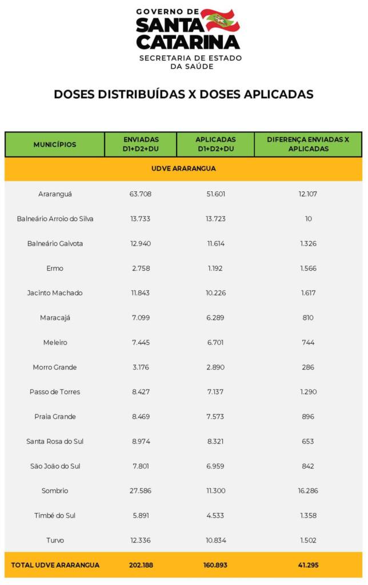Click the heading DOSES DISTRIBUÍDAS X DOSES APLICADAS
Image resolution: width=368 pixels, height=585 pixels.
coord(183,94)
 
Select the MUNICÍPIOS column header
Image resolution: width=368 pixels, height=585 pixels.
coord(55,145)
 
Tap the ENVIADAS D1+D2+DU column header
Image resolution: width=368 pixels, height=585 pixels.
coord(141,144)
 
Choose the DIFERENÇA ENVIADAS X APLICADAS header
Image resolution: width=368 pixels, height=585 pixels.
coord(308,144)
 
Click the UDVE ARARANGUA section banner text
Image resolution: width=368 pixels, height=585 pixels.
coord(183,169)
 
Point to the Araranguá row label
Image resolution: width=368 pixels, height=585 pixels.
coord(55,194)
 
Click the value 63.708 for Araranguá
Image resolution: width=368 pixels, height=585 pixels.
coord(141,194)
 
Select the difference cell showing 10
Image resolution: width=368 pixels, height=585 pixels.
coord(308,219)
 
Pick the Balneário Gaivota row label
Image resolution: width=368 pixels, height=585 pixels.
coord(55,243)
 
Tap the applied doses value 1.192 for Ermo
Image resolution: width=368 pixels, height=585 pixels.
coord(215,269)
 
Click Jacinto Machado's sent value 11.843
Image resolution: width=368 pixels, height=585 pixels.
coord(141,293)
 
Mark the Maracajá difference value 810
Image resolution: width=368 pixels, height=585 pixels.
coord(308,318)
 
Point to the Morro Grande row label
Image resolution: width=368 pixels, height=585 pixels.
coord(55,367)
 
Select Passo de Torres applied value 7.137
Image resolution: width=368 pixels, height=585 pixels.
coord(215,392)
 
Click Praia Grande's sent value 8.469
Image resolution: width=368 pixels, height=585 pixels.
coord(141,416)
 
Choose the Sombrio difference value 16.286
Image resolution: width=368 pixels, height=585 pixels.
coord(308,491)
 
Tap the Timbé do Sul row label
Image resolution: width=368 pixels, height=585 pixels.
coord(55,515)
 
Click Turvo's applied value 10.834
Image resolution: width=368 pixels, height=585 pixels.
coord(215,540)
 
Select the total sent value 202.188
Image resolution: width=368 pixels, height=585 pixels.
coord(141,565)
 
